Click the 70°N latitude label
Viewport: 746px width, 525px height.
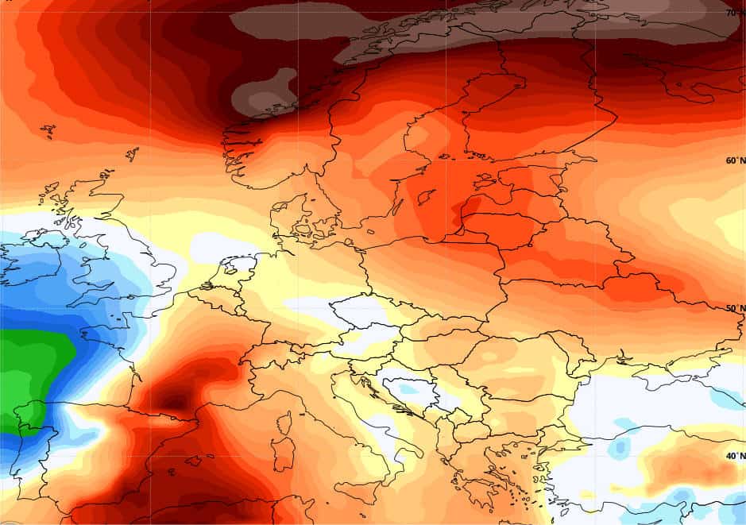coord(734,13)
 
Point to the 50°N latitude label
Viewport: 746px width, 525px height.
coord(736,308)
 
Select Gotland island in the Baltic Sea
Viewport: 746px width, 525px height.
coord(427,195)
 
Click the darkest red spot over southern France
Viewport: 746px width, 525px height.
coord(176,397)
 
